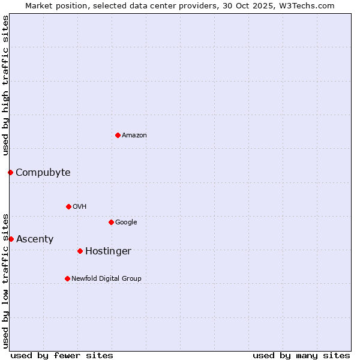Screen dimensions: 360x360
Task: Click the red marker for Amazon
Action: click(118, 135)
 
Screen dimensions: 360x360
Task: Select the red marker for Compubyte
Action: click(10, 173)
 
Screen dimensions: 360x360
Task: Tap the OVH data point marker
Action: click(68, 206)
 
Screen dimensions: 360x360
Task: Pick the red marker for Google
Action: click(111, 222)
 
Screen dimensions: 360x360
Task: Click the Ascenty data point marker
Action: click(11, 239)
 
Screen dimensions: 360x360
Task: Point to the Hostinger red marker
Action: click(80, 251)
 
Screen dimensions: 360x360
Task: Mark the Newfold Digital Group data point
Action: click(67, 278)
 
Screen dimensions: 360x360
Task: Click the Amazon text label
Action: click(134, 136)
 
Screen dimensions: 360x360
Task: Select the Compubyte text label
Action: click(43, 173)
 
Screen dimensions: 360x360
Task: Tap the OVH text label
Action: click(80, 207)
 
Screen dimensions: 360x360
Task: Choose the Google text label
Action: click(126, 223)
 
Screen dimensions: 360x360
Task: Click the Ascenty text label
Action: click(35, 239)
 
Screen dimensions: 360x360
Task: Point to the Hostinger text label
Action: click(108, 251)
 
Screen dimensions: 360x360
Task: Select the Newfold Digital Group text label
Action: click(106, 279)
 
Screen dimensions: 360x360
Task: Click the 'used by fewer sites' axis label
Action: click(62, 355)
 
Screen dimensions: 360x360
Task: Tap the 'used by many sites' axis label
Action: click(301, 355)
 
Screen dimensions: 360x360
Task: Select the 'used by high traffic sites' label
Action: click(5, 85)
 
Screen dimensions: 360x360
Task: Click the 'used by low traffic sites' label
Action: click(5, 280)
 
